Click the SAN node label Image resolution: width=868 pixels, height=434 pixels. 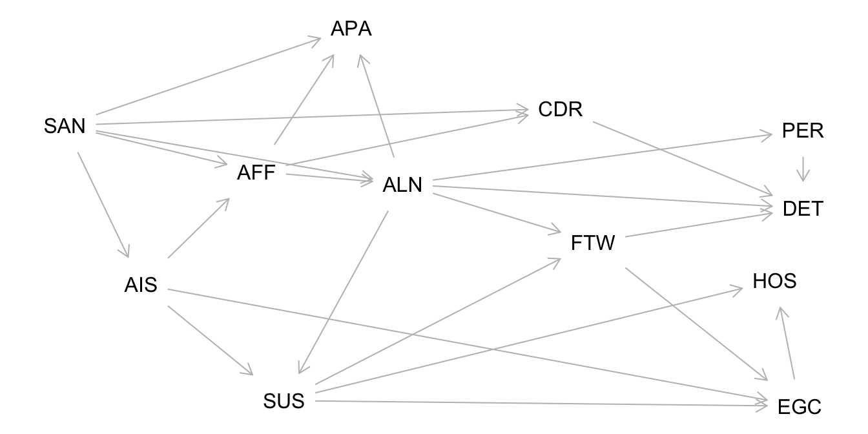click(x=65, y=127)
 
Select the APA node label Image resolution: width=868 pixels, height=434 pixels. click(x=351, y=28)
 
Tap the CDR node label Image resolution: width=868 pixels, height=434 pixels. click(x=561, y=109)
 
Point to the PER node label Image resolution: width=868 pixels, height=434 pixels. click(x=803, y=130)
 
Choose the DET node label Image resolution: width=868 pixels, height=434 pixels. click(x=803, y=209)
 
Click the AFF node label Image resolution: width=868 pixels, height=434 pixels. click(x=256, y=172)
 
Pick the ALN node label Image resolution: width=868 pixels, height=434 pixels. click(x=402, y=185)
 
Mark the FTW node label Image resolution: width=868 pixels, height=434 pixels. click(x=593, y=243)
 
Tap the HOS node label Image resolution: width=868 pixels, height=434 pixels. click(x=774, y=281)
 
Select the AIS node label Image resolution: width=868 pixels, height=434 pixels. click(x=141, y=285)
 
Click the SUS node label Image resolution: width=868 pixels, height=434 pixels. click(x=284, y=401)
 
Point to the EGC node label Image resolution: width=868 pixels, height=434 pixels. click(x=800, y=407)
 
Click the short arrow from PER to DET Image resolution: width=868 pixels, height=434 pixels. click(x=803, y=169)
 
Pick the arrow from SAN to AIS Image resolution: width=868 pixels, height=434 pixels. click(x=103, y=205)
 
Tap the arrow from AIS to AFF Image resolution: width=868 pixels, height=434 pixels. click(x=199, y=228)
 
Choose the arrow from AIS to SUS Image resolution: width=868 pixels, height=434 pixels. click(x=211, y=340)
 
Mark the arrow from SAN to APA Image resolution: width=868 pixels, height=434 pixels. click(x=209, y=76)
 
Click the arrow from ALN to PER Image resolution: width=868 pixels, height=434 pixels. click(x=603, y=157)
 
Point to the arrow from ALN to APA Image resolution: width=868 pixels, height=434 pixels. click(x=377, y=106)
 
